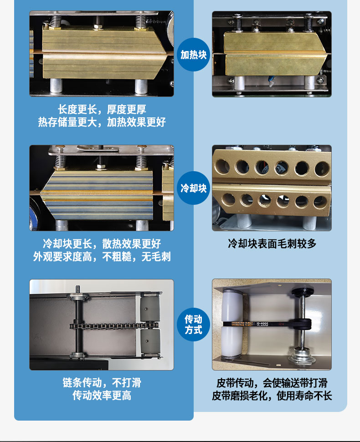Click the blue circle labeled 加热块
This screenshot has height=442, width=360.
194,55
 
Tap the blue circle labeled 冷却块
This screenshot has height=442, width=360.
194,188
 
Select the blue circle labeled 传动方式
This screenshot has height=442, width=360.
194,325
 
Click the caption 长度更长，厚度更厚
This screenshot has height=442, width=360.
102,109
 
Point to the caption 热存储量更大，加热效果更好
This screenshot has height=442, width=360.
102,122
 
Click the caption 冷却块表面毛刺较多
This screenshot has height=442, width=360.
272,244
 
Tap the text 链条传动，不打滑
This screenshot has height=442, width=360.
102,382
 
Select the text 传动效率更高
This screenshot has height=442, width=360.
102,395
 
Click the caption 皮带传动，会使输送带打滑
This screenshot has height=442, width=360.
272,383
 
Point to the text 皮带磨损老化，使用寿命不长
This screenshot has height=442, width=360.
272,396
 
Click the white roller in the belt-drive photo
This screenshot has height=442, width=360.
232,324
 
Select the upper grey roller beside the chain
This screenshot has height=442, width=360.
150,308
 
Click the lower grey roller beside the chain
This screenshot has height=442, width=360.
150,342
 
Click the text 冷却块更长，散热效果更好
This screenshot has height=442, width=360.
102,244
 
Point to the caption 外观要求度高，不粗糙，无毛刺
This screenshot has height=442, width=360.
102,257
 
